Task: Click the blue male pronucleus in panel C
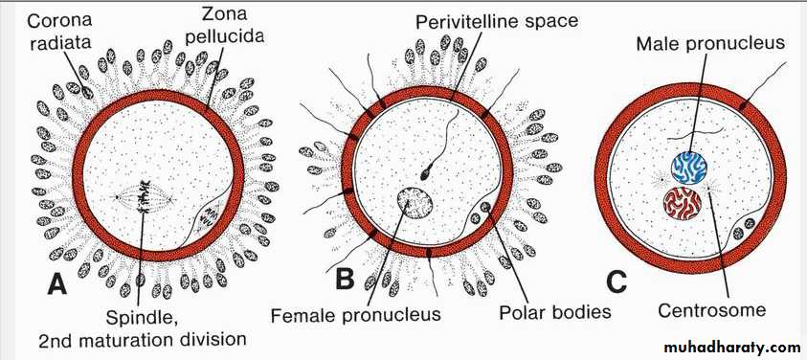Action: click(688, 168)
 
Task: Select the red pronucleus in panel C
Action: click(683, 203)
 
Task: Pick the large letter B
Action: click(346, 281)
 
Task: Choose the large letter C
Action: click(616, 281)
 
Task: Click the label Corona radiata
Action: click(59, 32)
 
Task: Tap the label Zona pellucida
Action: click(224, 26)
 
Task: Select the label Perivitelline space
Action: click(497, 22)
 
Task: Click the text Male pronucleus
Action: click(710, 42)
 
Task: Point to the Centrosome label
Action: click(711, 310)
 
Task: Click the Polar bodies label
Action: click(555, 311)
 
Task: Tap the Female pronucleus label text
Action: click(356, 314)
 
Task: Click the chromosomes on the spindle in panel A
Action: click(145, 199)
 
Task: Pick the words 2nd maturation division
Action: click(143, 339)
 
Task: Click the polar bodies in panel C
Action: click(743, 227)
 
